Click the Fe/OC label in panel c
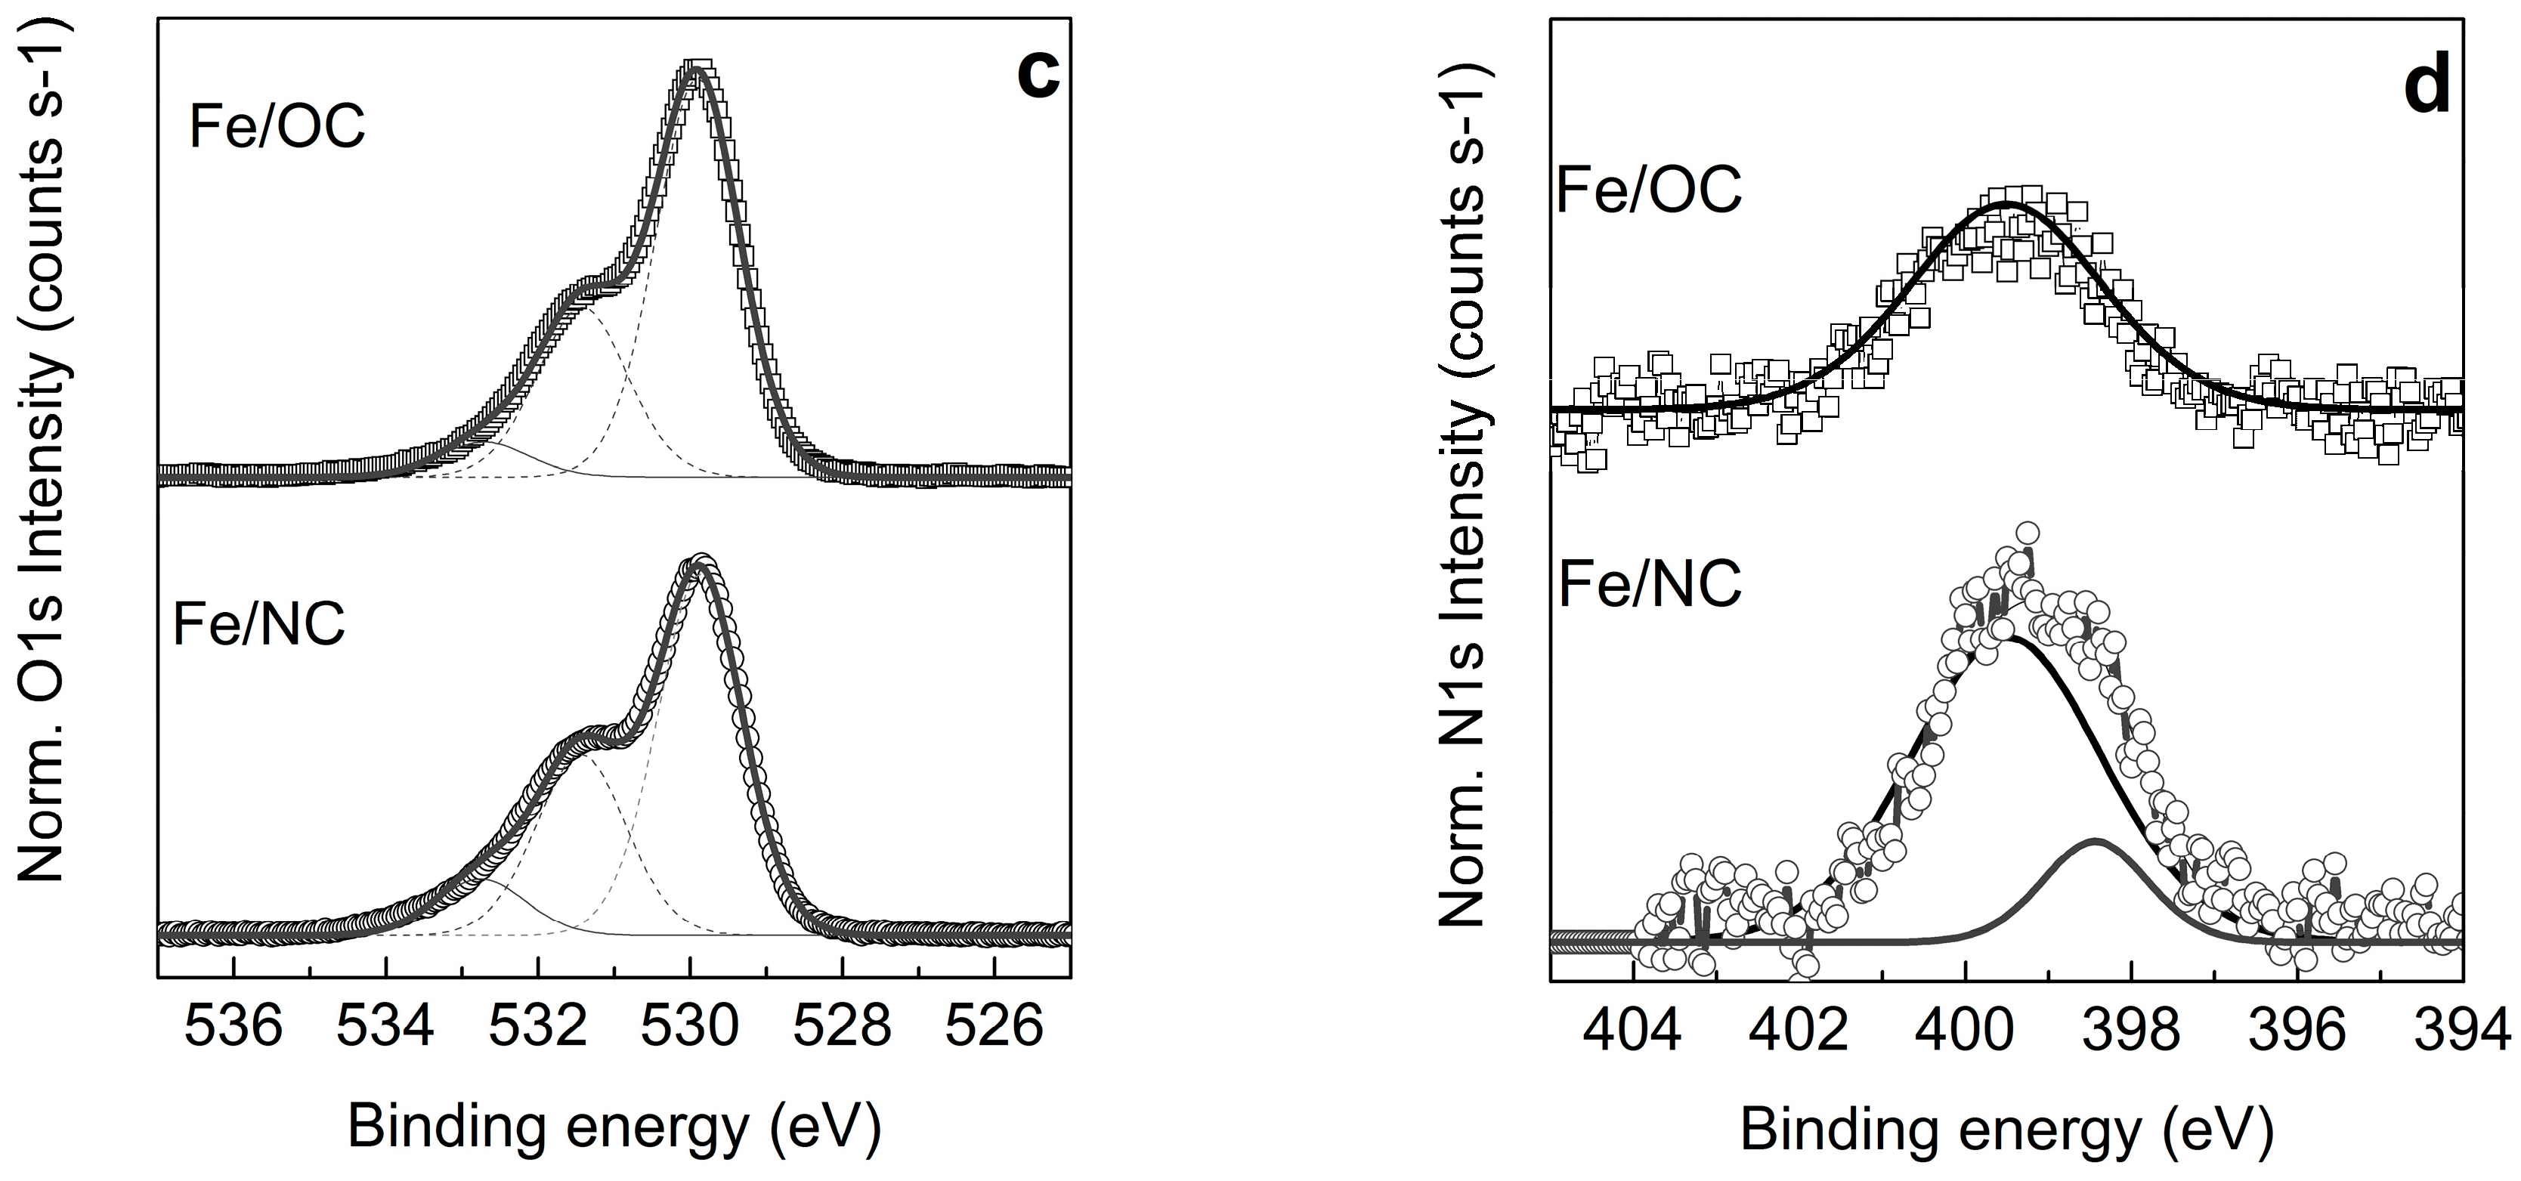(x=277, y=126)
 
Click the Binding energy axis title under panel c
(x=614, y=1127)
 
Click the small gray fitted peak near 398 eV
(x=2096, y=842)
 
